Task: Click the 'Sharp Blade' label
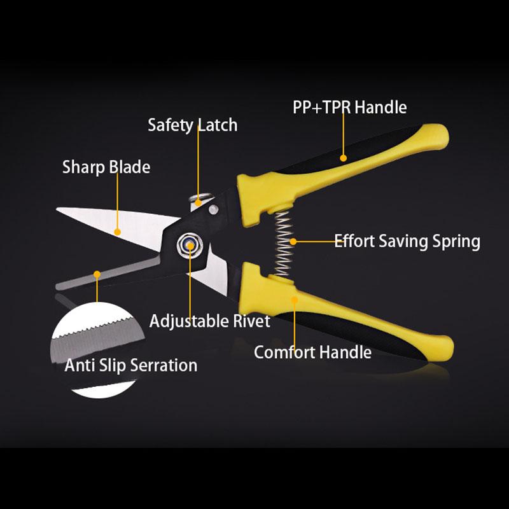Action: (x=106, y=167)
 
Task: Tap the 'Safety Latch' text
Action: (x=193, y=125)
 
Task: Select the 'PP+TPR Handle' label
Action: (x=349, y=107)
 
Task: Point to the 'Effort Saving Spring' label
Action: (x=407, y=242)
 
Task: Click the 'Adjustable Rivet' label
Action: (x=210, y=321)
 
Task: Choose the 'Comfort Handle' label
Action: (x=312, y=352)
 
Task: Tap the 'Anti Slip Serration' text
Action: (x=131, y=365)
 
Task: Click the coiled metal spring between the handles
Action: (x=284, y=244)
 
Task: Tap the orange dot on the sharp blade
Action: (x=118, y=232)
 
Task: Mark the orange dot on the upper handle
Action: (x=343, y=158)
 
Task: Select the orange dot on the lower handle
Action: (x=295, y=300)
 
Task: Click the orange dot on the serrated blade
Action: (x=97, y=275)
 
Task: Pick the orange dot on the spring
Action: (x=293, y=242)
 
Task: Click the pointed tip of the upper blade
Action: (x=57, y=209)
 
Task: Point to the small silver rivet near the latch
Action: (x=213, y=209)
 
